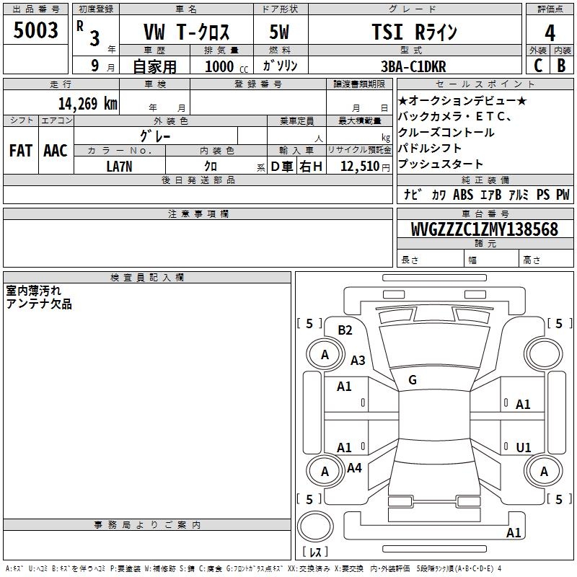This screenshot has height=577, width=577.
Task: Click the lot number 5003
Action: click(x=36, y=30)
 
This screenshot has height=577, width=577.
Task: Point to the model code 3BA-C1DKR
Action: click(x=413, y=66)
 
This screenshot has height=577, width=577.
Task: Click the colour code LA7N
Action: click(x=119, y=167)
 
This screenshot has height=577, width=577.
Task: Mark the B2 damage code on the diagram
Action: click(x=345, y=330)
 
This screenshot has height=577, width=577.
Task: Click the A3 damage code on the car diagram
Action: click(x=358, y=361)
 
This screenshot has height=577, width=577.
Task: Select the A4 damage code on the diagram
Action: click(x=354, y=468)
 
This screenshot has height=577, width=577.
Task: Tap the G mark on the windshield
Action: click(x=412, y=380)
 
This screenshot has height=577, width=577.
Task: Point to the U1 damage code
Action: click(x=524, y=448)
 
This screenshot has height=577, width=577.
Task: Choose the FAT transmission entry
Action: click(x=21, y=151)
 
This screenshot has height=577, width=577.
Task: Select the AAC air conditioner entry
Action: click(x=56, y=151)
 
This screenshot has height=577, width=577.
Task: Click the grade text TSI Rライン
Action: click(x=415, y=32)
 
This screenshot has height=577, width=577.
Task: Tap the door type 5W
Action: click(x=280, y=32)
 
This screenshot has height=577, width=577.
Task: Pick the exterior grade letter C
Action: click(x=537, y=66)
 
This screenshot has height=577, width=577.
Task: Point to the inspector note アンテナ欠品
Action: click(x=39, y=304)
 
